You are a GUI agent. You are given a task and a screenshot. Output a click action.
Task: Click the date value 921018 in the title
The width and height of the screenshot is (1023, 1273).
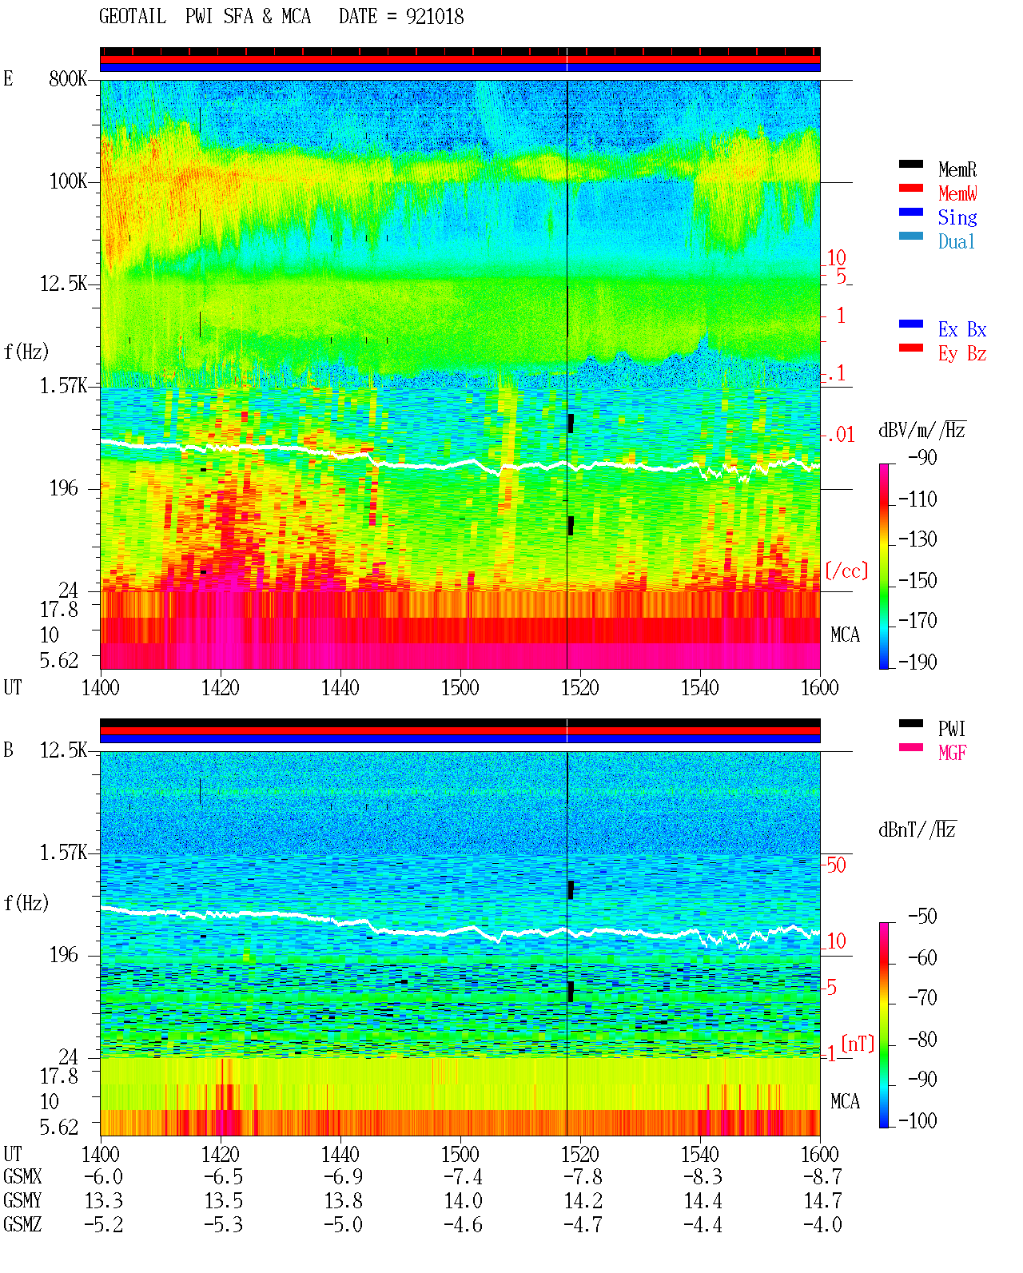[434, 17]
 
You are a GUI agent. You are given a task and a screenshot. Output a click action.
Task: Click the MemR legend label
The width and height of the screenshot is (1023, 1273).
[957, 169]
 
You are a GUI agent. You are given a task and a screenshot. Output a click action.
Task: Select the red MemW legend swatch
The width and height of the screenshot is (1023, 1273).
[910, 188]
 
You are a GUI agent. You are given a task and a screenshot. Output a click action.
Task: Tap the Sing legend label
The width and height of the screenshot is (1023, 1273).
[957, 217]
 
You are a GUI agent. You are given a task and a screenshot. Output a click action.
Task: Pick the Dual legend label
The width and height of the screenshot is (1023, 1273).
[956, 242]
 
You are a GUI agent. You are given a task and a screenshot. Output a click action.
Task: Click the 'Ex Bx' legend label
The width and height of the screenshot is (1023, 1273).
[962, 329]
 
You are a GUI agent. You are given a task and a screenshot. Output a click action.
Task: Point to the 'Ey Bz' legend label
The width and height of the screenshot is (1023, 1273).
[962, 354]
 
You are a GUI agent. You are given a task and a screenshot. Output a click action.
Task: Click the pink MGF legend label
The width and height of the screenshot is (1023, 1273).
[952, 753]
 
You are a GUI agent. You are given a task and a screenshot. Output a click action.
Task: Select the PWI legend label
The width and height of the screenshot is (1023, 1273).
[951, 729]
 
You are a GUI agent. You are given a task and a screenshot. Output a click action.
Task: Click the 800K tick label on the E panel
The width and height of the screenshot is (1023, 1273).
[68, 78]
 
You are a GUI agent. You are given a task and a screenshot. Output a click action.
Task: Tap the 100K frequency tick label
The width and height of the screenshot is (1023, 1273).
[68, 181]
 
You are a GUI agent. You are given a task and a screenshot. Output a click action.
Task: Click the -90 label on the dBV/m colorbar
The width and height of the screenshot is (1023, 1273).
[922, 457]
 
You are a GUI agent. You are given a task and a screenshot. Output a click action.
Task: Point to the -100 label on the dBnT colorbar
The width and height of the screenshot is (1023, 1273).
[918, 1120]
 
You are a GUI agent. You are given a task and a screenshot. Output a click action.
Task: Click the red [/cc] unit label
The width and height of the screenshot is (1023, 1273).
[846, 571]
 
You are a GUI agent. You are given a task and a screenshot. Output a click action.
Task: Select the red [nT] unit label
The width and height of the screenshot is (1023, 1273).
[858, 1044]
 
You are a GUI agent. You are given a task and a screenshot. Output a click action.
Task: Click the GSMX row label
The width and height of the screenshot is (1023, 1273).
[22, 1176]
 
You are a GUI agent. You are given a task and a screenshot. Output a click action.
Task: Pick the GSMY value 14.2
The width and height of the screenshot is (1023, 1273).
[583, 1201]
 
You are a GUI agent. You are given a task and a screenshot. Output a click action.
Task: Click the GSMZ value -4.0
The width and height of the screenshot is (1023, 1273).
[822, 1224]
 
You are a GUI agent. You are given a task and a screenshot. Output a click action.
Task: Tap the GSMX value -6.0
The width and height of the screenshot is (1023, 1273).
[104, 1176]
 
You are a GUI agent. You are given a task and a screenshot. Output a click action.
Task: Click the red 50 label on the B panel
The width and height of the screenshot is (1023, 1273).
[836, 865]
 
